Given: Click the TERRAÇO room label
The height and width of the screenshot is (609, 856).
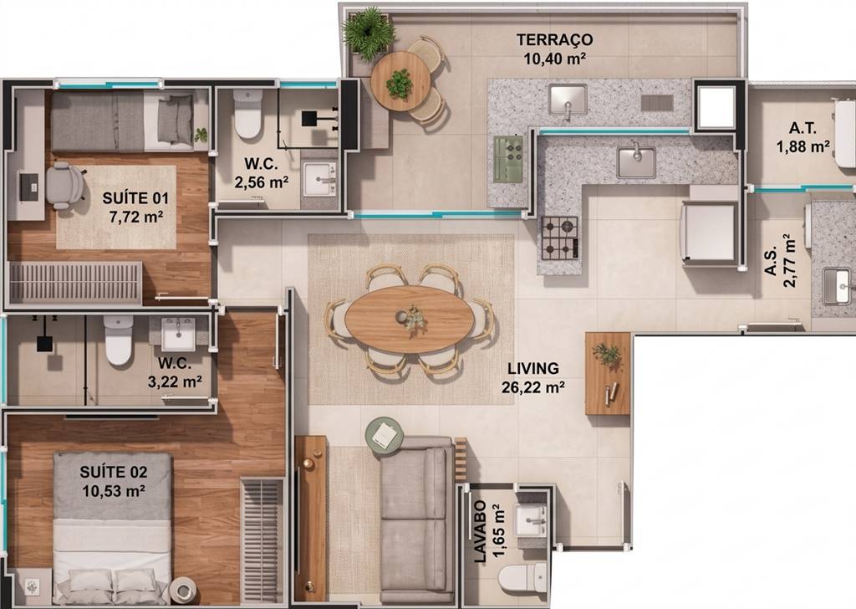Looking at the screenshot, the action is pos(555,40).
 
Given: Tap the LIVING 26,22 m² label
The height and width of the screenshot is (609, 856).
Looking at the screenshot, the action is pos(532,378).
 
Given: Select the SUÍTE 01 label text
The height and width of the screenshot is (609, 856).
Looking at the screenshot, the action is pos(136,197).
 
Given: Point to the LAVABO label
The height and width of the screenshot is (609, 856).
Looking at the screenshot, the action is pos(480,531).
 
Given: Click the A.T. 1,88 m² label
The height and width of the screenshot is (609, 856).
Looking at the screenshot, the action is pos(803,137).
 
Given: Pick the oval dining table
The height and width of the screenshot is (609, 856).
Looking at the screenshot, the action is pos(410,319).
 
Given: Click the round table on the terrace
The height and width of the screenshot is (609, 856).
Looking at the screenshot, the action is pos(400,81).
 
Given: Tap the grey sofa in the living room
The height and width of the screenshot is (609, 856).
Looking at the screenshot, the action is pos(417,519).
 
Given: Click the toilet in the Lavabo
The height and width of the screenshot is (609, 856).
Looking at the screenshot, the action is pos(522,578).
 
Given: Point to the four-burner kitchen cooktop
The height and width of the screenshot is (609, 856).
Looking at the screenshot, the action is pos(559,238).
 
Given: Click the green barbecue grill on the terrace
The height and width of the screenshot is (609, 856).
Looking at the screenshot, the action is pos(508,159).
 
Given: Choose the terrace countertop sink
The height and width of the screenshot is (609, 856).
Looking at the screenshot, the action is pos(568,100).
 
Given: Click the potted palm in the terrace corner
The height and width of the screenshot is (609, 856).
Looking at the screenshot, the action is pos(369,30).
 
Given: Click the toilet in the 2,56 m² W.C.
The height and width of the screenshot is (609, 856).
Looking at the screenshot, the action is pos(247,114).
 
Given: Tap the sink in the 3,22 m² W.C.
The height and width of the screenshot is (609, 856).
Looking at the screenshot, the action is pos(178,334).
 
